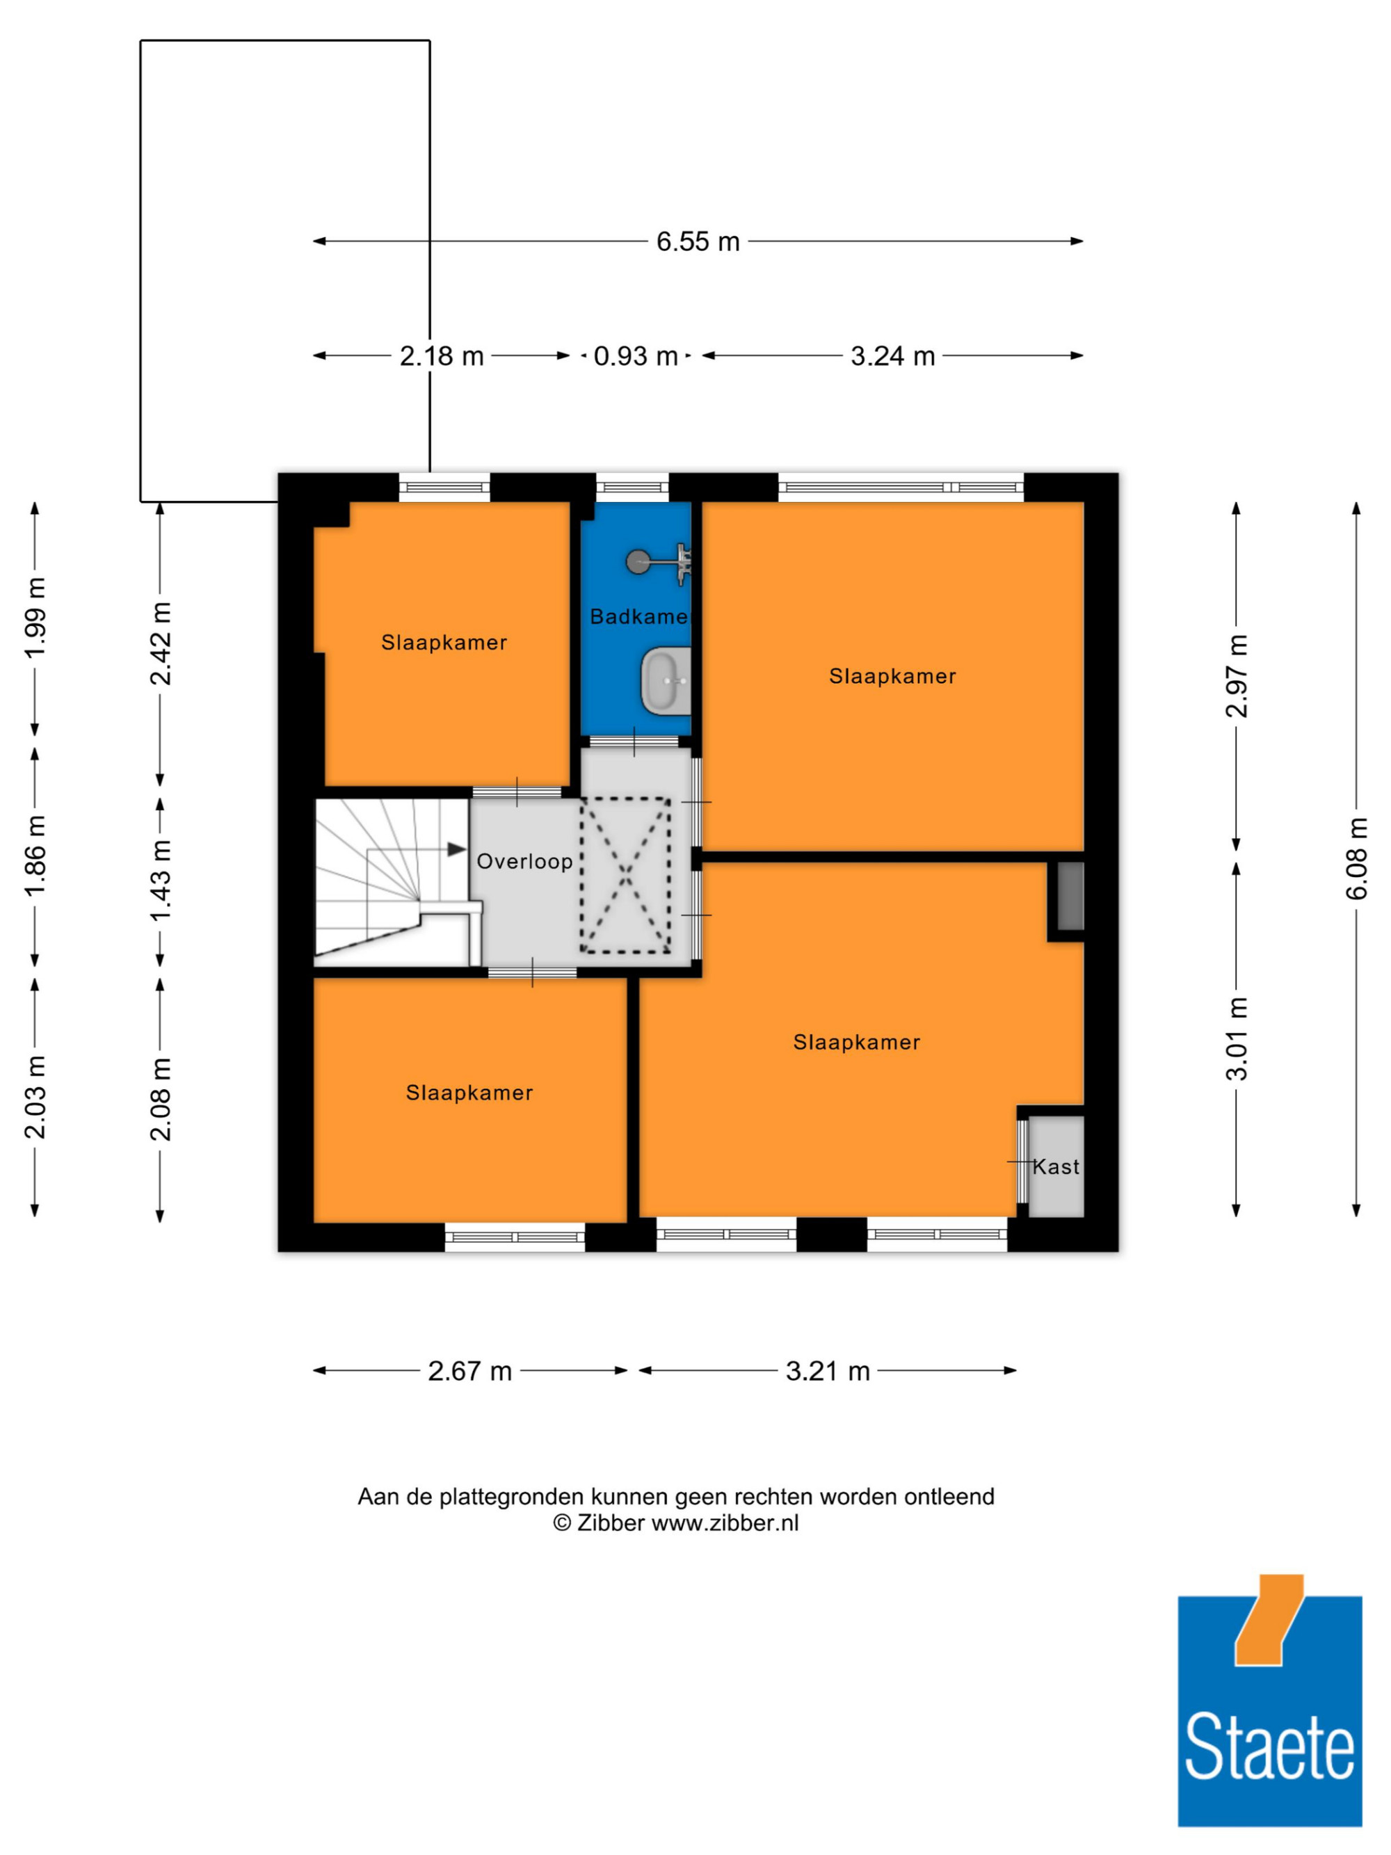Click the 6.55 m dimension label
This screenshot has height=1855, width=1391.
pyautogui.click(x=698, y=241)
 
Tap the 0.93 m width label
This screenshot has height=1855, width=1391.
pyautogui.click(x=636, y=356)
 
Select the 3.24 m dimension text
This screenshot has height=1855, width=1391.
pyautogui.click(x=893, y=356)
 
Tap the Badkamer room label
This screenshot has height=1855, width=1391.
pyautogui.click(x=639, y=616)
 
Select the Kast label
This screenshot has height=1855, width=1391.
pyautogui.click(x=1056, y=1166)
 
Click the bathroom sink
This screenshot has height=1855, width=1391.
pyautogui.click(x=666, y=680)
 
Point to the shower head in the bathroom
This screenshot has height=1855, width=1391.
pyautogui.click(x=638, y=561)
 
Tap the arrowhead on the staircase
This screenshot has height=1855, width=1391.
pyautogui.click(x=457, y=849)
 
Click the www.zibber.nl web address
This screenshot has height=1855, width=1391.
pyautogui.click(x=725, y=1522)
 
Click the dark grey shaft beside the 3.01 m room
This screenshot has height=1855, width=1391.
pyautogui.click(x=1070, y=896)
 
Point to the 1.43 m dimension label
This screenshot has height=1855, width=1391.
pyautogui.click(x=160, y=880)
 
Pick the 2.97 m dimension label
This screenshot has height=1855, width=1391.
pyautogui.click(x=1236, y=676)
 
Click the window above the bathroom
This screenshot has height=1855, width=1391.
pyautogui.click(x=632, y=488)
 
